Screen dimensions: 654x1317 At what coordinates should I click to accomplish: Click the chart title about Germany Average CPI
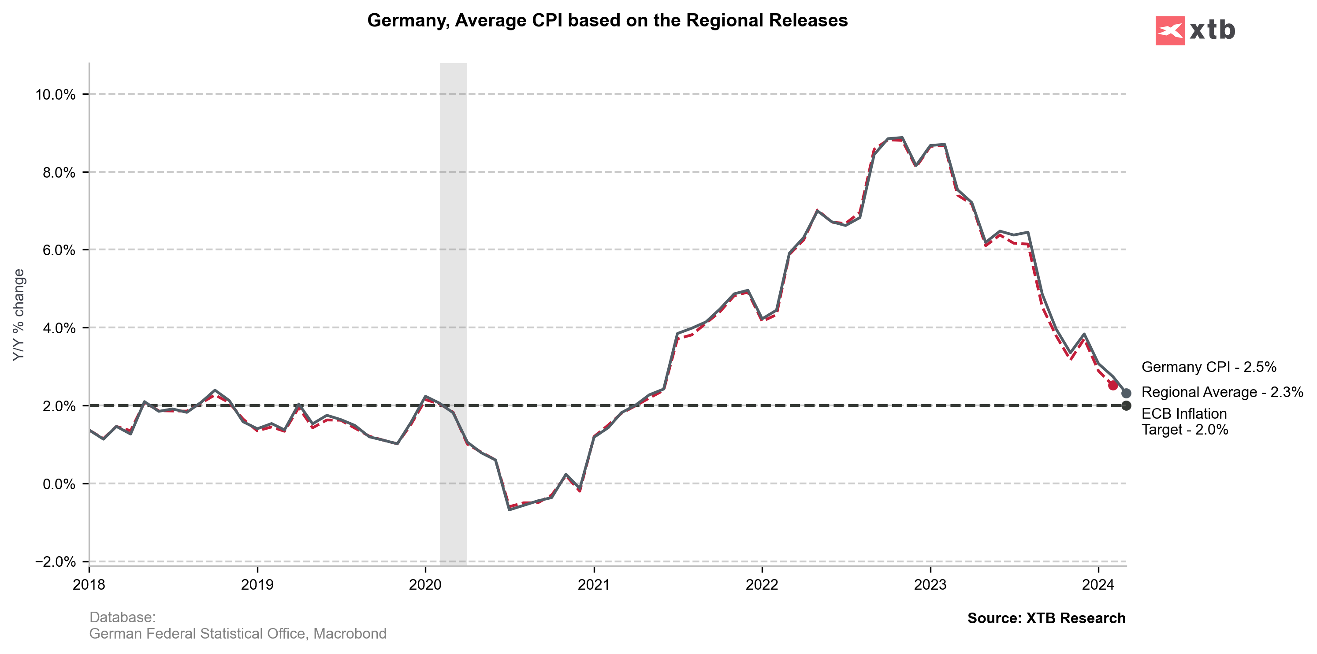[607, 20]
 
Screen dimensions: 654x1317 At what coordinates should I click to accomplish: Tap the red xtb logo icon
[1169, 31]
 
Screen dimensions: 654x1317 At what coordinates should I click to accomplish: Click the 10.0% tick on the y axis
[55, 95]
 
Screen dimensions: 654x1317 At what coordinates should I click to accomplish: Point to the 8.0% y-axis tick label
[59, 172]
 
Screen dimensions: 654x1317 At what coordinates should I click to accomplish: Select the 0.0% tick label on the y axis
[59, 484]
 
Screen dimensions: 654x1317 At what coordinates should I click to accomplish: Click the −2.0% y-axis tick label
[55, 561]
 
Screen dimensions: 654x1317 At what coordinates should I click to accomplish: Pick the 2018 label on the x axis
[89, 584]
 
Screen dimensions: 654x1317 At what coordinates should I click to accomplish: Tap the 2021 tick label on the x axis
[594, 584]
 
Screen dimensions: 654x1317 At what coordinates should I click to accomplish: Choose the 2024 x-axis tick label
[1098, 584]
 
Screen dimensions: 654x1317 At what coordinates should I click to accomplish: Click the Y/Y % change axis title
[19, 315]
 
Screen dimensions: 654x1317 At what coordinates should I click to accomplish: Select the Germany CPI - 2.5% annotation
[1209, 367]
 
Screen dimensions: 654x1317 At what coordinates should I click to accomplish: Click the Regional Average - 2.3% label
[1222, 392]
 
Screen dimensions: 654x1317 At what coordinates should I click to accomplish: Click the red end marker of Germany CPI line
[1113, 385]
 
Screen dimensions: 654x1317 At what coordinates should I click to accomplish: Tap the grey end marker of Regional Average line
[1126, 393]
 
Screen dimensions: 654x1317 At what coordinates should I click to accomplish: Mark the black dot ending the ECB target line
[1126, 405]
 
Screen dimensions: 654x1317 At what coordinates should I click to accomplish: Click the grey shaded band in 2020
[453, 307]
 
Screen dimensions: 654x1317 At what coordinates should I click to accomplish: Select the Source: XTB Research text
[1046, 618]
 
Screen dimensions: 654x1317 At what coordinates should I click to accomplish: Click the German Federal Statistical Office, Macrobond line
[238, 634]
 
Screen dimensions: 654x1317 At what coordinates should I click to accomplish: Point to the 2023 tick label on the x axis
[930, 584]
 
